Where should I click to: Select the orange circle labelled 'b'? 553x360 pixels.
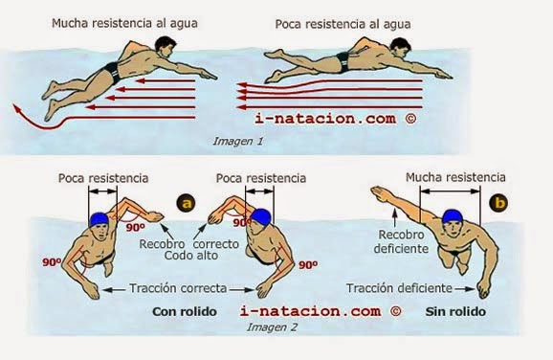(x=498, y=202)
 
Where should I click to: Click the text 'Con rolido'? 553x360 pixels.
(x=186, y=311)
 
